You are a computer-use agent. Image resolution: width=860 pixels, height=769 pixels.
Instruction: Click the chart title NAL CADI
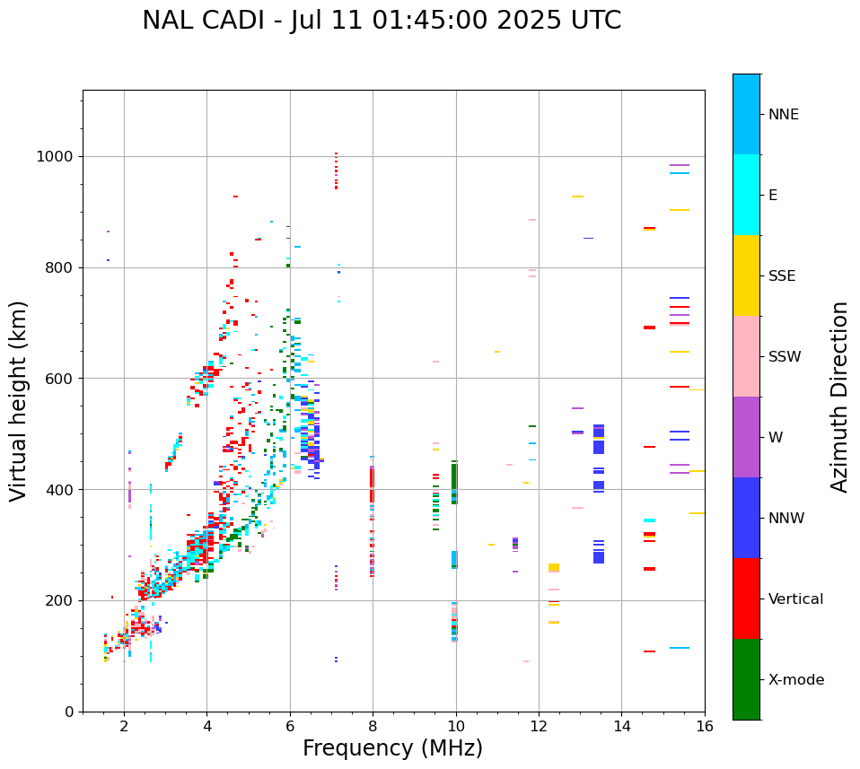click(x=382, y=21)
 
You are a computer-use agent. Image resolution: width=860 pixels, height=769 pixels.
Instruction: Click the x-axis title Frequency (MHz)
click(x=392, y=748)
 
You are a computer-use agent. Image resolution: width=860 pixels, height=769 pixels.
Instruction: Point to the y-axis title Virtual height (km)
click(x=19, y=400)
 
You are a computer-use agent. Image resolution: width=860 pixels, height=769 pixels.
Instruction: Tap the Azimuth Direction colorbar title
click(x=839, y=397)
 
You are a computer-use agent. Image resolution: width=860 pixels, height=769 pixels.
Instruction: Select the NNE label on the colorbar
click(x=783, y=115)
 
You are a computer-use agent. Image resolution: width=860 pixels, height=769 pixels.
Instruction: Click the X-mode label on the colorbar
click(x=795, y=680)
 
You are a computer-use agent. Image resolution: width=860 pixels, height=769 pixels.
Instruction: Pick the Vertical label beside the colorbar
click(x=795, y=599)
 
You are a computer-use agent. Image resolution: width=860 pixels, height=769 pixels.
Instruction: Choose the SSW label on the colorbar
click(x=785, y=357)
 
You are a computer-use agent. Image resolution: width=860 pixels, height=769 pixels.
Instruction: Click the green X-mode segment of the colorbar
click(x=746, y=679)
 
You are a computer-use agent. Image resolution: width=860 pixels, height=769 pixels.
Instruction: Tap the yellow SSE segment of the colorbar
click(x=746, y=275)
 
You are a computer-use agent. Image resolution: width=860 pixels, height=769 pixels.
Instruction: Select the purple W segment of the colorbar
click(x=746, y=437)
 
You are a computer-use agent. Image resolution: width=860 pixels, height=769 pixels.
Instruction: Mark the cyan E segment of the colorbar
click(x=746, y=195)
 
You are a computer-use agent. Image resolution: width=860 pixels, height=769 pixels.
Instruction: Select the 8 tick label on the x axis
click(x=373, y=727)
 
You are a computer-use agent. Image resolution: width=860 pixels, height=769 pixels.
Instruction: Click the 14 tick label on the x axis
click(x=622, y=727)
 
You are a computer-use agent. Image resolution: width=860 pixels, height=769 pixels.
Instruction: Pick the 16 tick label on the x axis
click(x=705, y=727)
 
